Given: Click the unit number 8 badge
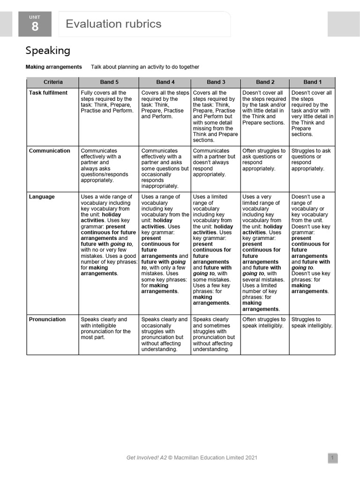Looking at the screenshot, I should (35, 24).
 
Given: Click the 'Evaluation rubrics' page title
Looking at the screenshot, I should (113, 24).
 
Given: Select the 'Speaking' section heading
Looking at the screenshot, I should (48, 50).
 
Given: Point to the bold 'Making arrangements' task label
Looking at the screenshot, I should (53, 67).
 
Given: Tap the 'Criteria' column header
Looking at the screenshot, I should (53, 82).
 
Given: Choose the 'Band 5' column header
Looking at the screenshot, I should (109, 82).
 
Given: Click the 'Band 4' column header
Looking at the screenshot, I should (165, 82).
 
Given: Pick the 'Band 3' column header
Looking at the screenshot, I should (216, 82).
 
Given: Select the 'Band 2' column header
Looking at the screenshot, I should (265, 82).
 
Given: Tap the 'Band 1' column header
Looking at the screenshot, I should (313, 82).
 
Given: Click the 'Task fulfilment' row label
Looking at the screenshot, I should (48, 93).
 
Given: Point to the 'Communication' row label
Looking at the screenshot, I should (49, 151).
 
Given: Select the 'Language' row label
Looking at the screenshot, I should (42, 197).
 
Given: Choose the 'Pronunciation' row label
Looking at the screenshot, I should (47, 320).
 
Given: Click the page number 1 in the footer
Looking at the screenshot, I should (332, 458).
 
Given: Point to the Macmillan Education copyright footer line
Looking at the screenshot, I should (192, 458).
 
